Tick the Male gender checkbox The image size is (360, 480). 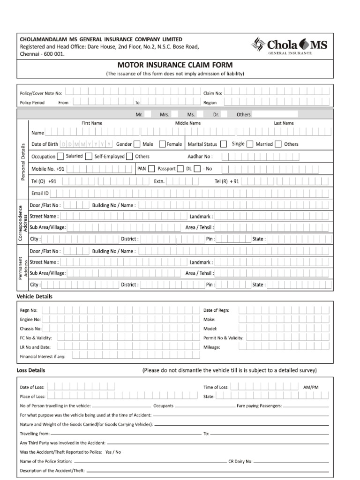tap(137, 144)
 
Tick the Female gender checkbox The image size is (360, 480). tap(162, 144)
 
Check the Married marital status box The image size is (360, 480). tap(250, 144)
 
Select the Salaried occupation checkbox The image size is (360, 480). tap(60, 157)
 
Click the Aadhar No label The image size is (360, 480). tap(200, 157)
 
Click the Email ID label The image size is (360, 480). tap(40, 193)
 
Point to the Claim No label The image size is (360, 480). tap(212, 93)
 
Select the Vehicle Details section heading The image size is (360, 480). tap(35, 296)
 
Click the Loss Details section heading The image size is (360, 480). tap(31, 370)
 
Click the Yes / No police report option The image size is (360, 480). tap(113, 452)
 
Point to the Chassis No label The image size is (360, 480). tap(30, 329)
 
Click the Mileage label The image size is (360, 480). tap(211, 347)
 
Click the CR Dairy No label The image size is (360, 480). tap(240, 461)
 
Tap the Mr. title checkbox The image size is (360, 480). tap(148, 114)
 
